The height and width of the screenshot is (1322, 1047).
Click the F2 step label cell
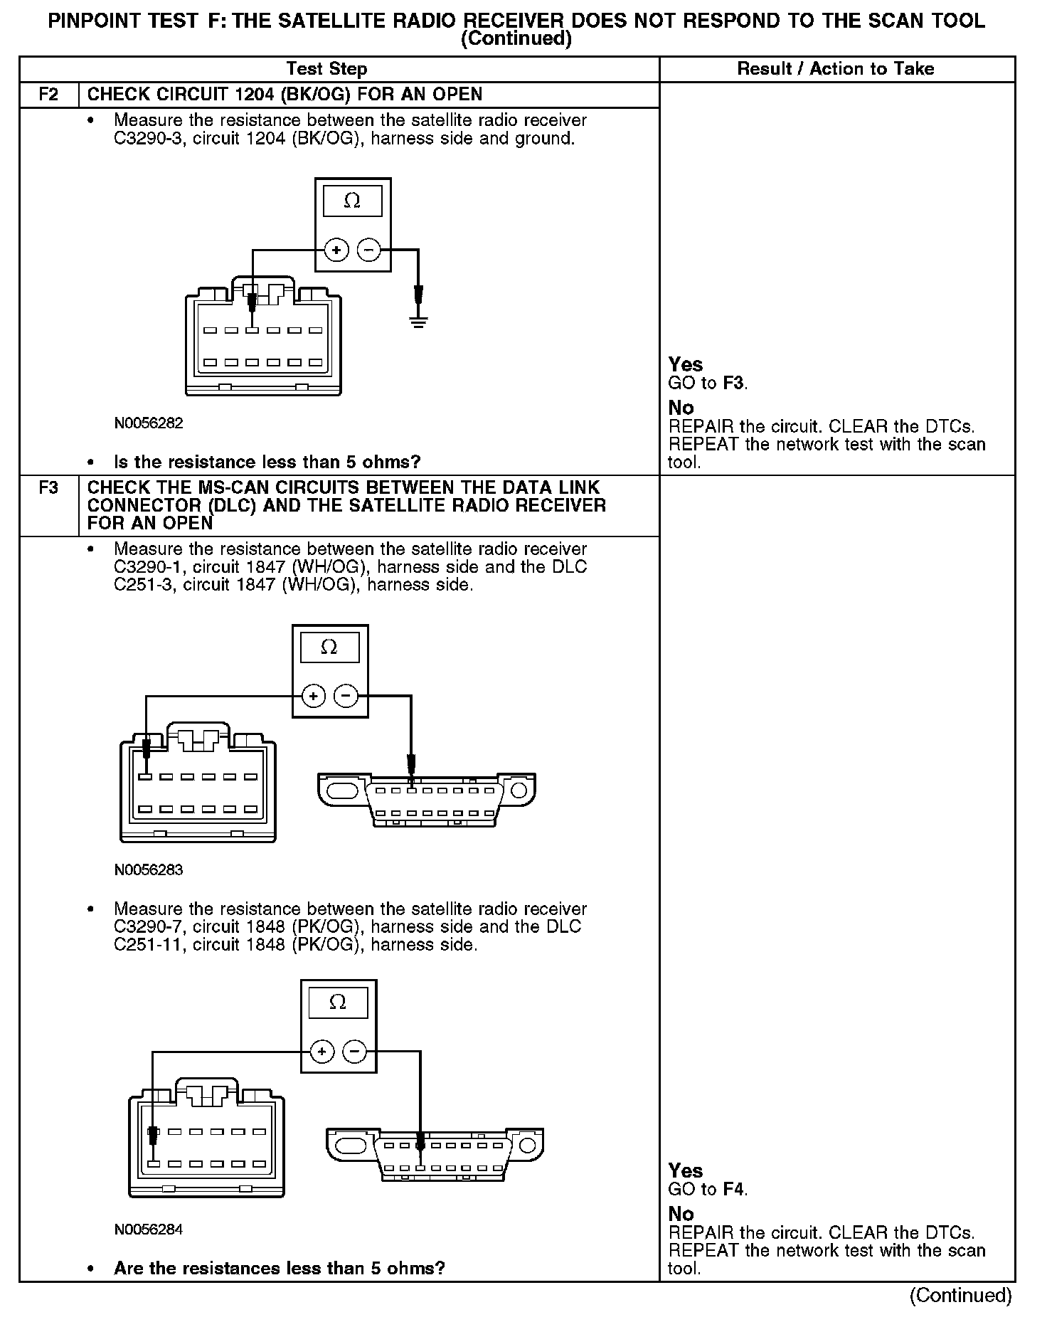[x=48, y=95]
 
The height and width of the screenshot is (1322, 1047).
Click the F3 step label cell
[x=48, y=489]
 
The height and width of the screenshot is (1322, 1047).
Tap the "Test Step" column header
[x=326, y=69]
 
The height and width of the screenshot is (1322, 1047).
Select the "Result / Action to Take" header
[x=836, y=69]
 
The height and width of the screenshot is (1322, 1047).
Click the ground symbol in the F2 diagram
[x=418, y=322]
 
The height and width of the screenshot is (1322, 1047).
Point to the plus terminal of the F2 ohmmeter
[x=336, y=250]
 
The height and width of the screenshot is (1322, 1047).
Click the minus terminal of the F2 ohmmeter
[x=368, y=250]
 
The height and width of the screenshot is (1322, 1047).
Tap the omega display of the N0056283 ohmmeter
[x=329, y=647]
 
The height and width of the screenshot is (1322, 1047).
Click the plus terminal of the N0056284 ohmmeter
[x=321, y=1052]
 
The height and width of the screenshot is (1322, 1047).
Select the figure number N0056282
[x=149, y=423]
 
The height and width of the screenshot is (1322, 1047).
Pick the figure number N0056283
[x=149, y=869]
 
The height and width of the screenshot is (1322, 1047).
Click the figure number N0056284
[x=149, y=1230]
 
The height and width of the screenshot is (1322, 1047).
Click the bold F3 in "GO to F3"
[x=734, y=384]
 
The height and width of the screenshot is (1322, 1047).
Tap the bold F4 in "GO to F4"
[x=734, y=1189]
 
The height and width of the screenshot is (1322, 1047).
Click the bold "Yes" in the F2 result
[x=686, y=365]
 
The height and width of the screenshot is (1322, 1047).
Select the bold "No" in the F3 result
[x=681, y=1214]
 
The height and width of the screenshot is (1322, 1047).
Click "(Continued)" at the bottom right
[x=960, y=1295]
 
